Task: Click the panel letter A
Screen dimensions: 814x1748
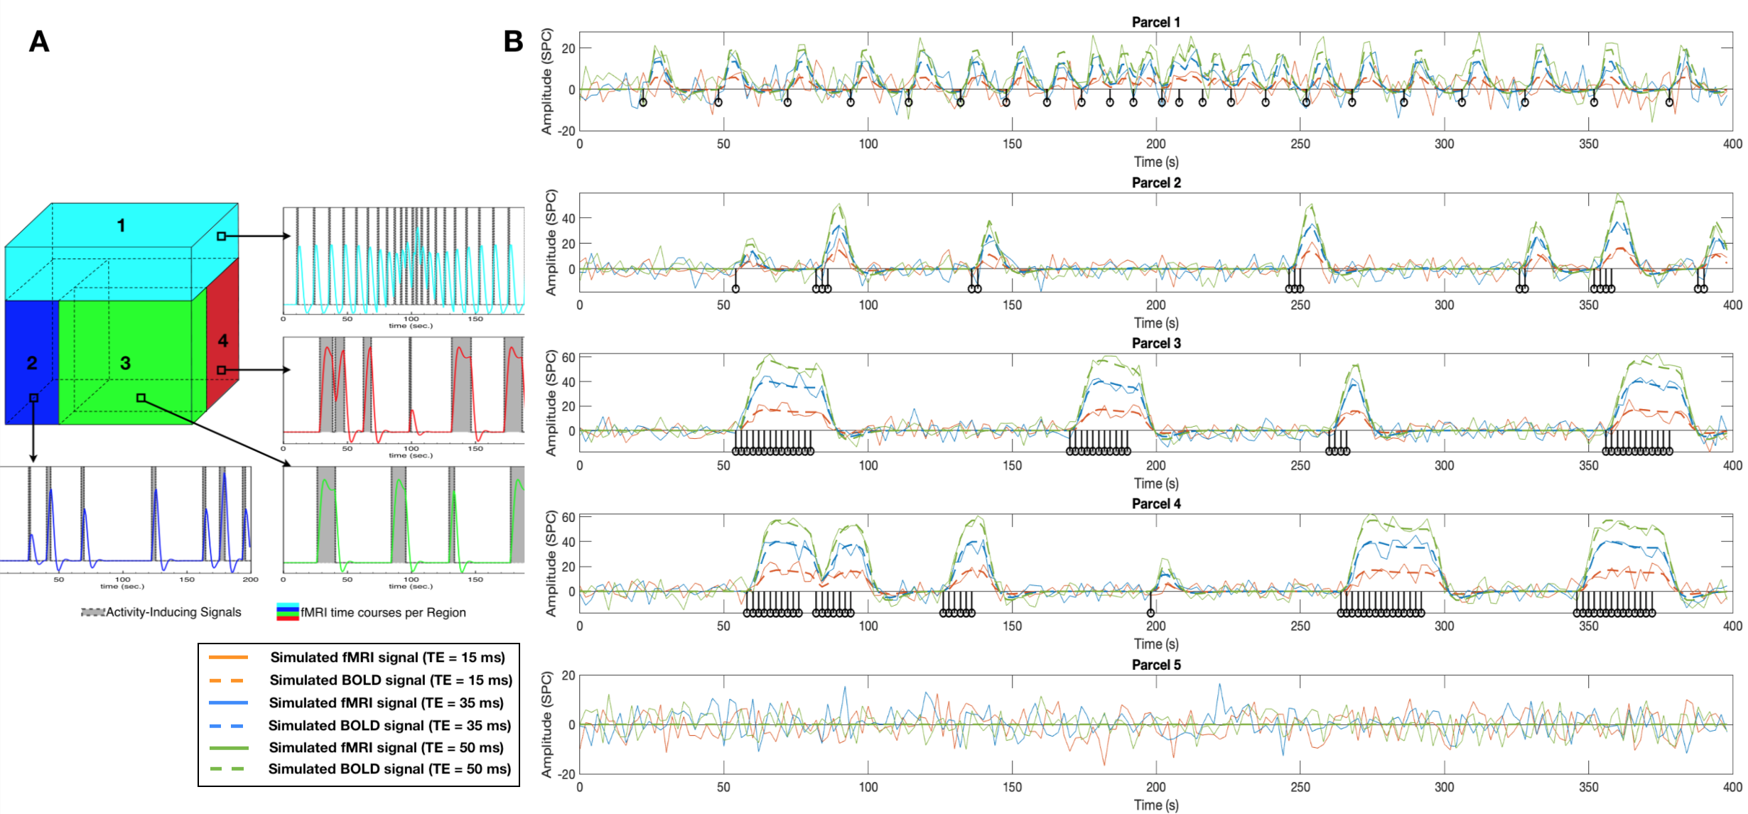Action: point(39,41)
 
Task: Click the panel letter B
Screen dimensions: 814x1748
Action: point(513,41)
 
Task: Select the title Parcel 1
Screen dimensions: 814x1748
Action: point(1155,22)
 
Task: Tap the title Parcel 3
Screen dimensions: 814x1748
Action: point(1155,343)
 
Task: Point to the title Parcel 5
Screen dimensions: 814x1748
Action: point(1155,665)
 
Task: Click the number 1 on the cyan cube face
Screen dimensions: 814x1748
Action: point(122,226)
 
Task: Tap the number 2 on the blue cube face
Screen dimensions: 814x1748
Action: point(32,364)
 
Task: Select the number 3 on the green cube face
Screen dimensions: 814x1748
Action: point(126,364)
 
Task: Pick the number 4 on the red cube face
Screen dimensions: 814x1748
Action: point(223,341)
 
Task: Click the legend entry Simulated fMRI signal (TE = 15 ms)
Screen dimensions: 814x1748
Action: point(387,657)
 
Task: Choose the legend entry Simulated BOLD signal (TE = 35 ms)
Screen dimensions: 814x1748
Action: point(389,725)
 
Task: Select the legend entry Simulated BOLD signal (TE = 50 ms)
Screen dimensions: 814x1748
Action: point(389,769)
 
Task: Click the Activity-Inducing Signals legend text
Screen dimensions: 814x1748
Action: point(173,612)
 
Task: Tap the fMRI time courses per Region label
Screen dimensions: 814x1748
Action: point(383,612)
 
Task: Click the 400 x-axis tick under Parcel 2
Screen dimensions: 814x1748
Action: point(1732,305)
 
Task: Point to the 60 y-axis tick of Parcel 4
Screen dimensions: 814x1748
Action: point(568,517)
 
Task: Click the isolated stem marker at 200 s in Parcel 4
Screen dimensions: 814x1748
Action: point(1150,612)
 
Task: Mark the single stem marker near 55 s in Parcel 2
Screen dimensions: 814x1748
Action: point(735,288)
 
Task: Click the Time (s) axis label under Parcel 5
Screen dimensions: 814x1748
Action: point(1155,805)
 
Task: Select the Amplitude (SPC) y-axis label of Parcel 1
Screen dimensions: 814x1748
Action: point(546,81)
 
